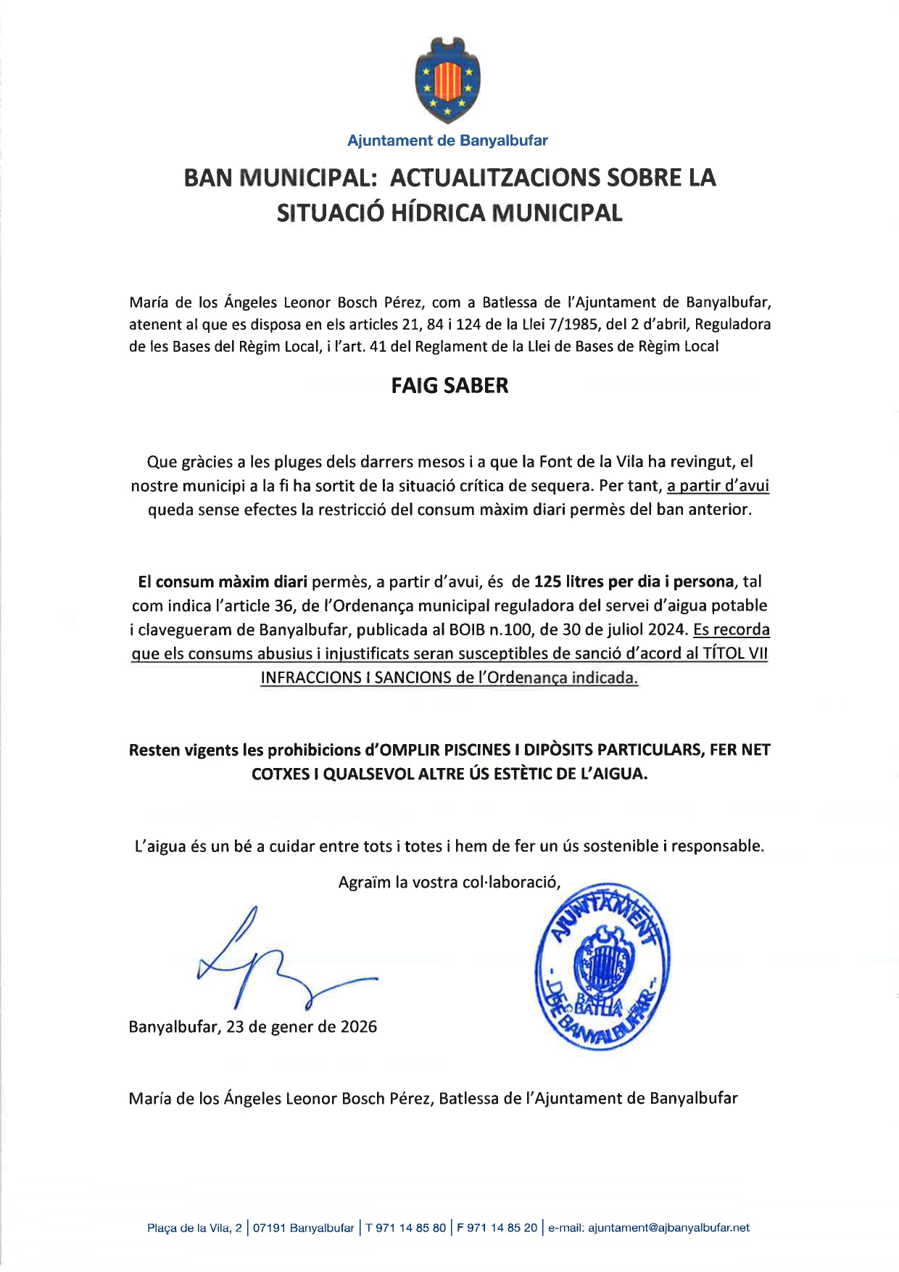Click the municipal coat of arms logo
(x=447, y=80)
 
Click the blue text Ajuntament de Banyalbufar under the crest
(x=447, y=141)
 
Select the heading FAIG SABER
(x=449, y=386)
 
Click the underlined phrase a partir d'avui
(x=718, y=485)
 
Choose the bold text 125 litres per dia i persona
(x=634, y=582)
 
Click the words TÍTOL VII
(x=735, y=653)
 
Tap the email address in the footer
(x=668, y=1228)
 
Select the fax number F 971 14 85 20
(x=497, y=1228)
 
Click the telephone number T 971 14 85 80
(x=406, y=1228)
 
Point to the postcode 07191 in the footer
(x=269, y=1228)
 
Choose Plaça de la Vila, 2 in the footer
(x=194, y=1228)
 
